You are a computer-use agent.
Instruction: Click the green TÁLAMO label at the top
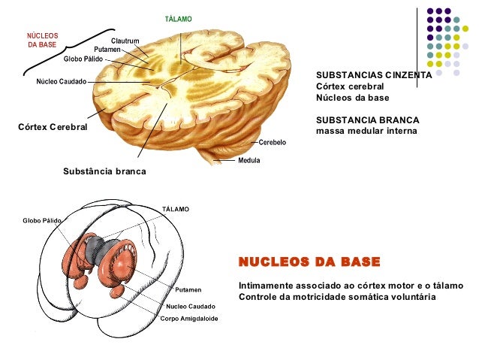coord(178,17)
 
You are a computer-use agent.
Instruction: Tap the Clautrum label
coord(124,40)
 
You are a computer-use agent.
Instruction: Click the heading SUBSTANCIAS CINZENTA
coord(373,76)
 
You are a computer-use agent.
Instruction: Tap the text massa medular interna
coord(366,132)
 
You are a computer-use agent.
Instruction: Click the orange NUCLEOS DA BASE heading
coord(309,262)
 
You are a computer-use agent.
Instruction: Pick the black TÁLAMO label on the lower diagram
coord(176,208)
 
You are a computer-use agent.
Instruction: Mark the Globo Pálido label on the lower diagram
coord(42,220)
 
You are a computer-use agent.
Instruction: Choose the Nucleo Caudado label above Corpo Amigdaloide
coord(191,306)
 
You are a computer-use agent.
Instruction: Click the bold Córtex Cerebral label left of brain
coord(52,127)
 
